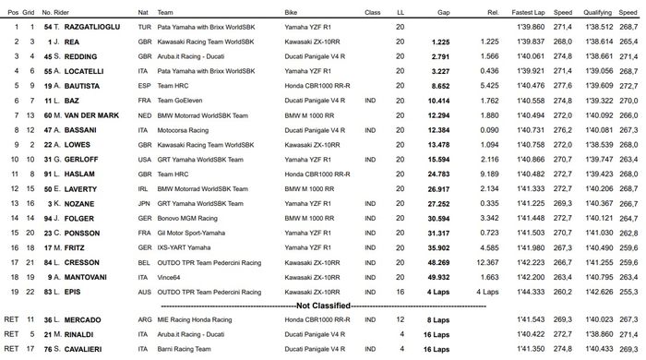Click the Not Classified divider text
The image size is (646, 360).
click(x=322, y=305)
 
